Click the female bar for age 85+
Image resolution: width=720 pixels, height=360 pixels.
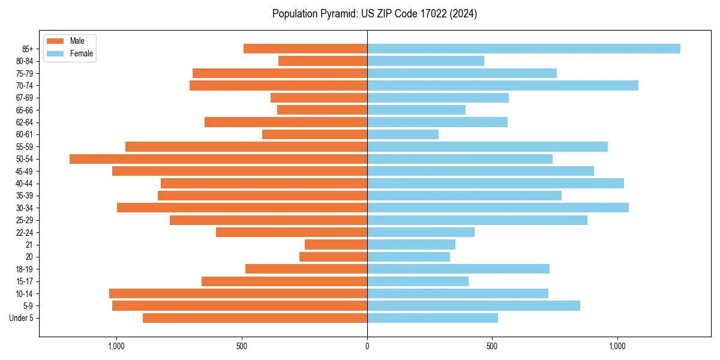coord(523,49)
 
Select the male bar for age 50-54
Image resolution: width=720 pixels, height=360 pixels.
coord(218,159)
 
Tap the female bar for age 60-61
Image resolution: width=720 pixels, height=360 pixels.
coord(403,134)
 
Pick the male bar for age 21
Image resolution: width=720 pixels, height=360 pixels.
coord(336,245)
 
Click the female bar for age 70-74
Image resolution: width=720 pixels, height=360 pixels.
coord(502,86)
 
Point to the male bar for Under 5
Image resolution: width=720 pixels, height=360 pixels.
coord(255,318)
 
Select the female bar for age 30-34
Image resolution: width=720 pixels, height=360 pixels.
coord(497,208)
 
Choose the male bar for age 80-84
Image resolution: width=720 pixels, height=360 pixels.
coord(323,61)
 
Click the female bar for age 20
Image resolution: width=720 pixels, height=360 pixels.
coord(408,257)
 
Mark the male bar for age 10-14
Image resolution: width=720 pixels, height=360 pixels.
coord(238,293)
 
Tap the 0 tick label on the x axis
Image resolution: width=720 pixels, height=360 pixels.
coord(367,346)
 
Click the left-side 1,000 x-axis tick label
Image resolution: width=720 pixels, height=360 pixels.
coord(116,346)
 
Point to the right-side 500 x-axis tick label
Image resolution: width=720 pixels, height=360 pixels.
coord(492,346)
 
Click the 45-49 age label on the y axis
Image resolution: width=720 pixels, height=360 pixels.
coord(25,171)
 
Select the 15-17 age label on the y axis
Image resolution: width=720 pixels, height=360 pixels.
coord(25,281)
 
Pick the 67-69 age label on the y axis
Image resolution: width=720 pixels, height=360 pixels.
coord(25,98)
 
